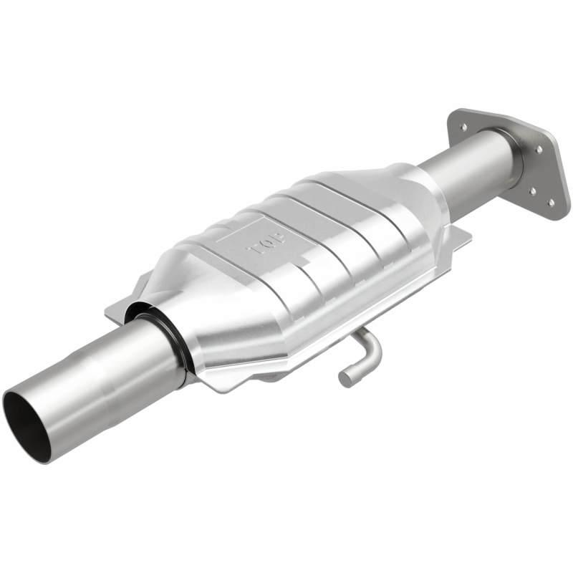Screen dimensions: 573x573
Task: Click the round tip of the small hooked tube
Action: pos(346,378)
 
